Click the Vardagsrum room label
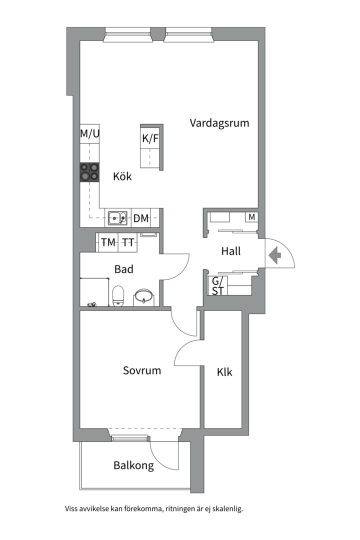pyautogui.click(x=219, y=123)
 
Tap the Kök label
pyautogui.click(x=122, y=176)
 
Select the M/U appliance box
pyautogui.click(x=90, y=134)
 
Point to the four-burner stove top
pyautogui.click(x=89, y=172)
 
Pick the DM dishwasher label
pyautogui.click(x=141, y=218)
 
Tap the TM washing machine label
pyautogui.click(x=108, y=242)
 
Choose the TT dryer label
pyautogui.click(x=128, y=242)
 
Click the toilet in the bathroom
pyautogui.click(x=118, y=295)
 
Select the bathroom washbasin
pyautogui.click(x=144, y=296)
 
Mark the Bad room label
pyautogui.click(x=123, y=269)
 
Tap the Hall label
pyautogui.click(x=230, y=251)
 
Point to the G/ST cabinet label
pyautogui.click(x=217, y=286)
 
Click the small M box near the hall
pyautogui.click(x=251, y=217)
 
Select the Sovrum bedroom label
pyautogui.click(x=142, y=370)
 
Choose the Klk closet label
pyautogui.click(x=224, y=372)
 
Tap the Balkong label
pyautogui.click(x=133, y=465)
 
